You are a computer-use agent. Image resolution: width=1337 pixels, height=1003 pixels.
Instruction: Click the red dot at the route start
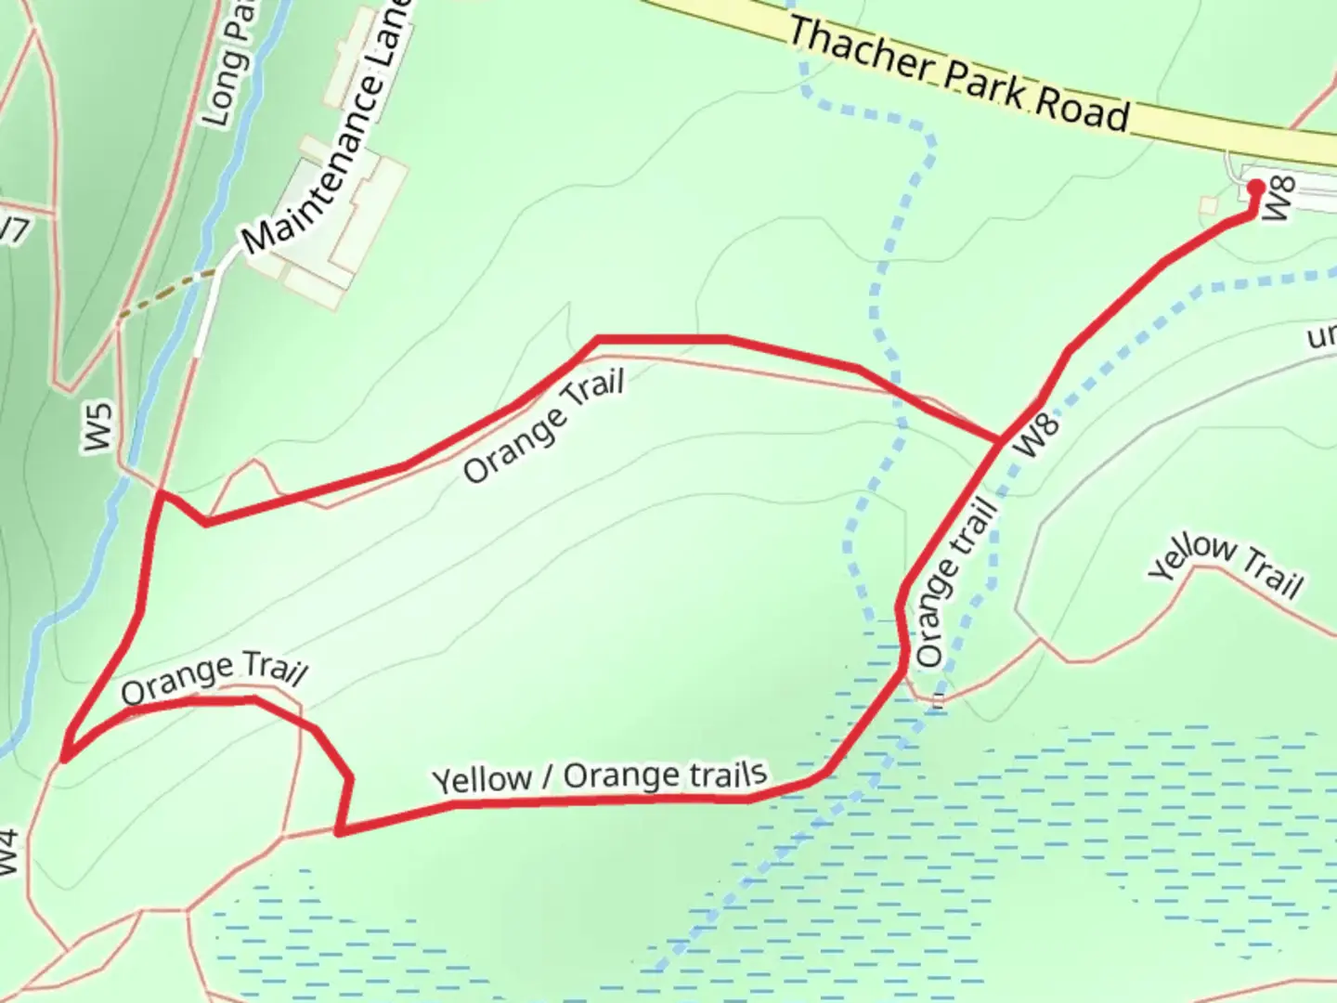point(1255,189)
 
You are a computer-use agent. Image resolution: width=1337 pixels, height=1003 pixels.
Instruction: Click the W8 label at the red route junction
point(1039,435)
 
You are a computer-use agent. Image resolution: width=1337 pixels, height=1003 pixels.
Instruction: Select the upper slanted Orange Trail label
point(544,427)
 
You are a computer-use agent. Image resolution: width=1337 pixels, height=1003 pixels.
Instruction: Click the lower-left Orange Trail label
point(214,680)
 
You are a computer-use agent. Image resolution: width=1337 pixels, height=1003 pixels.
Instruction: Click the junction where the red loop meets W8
point(1000,439)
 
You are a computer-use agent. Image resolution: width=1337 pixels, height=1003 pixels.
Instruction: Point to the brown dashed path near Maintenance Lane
point(167,295)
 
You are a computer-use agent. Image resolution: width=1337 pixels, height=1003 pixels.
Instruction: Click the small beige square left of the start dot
point(1208,205)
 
